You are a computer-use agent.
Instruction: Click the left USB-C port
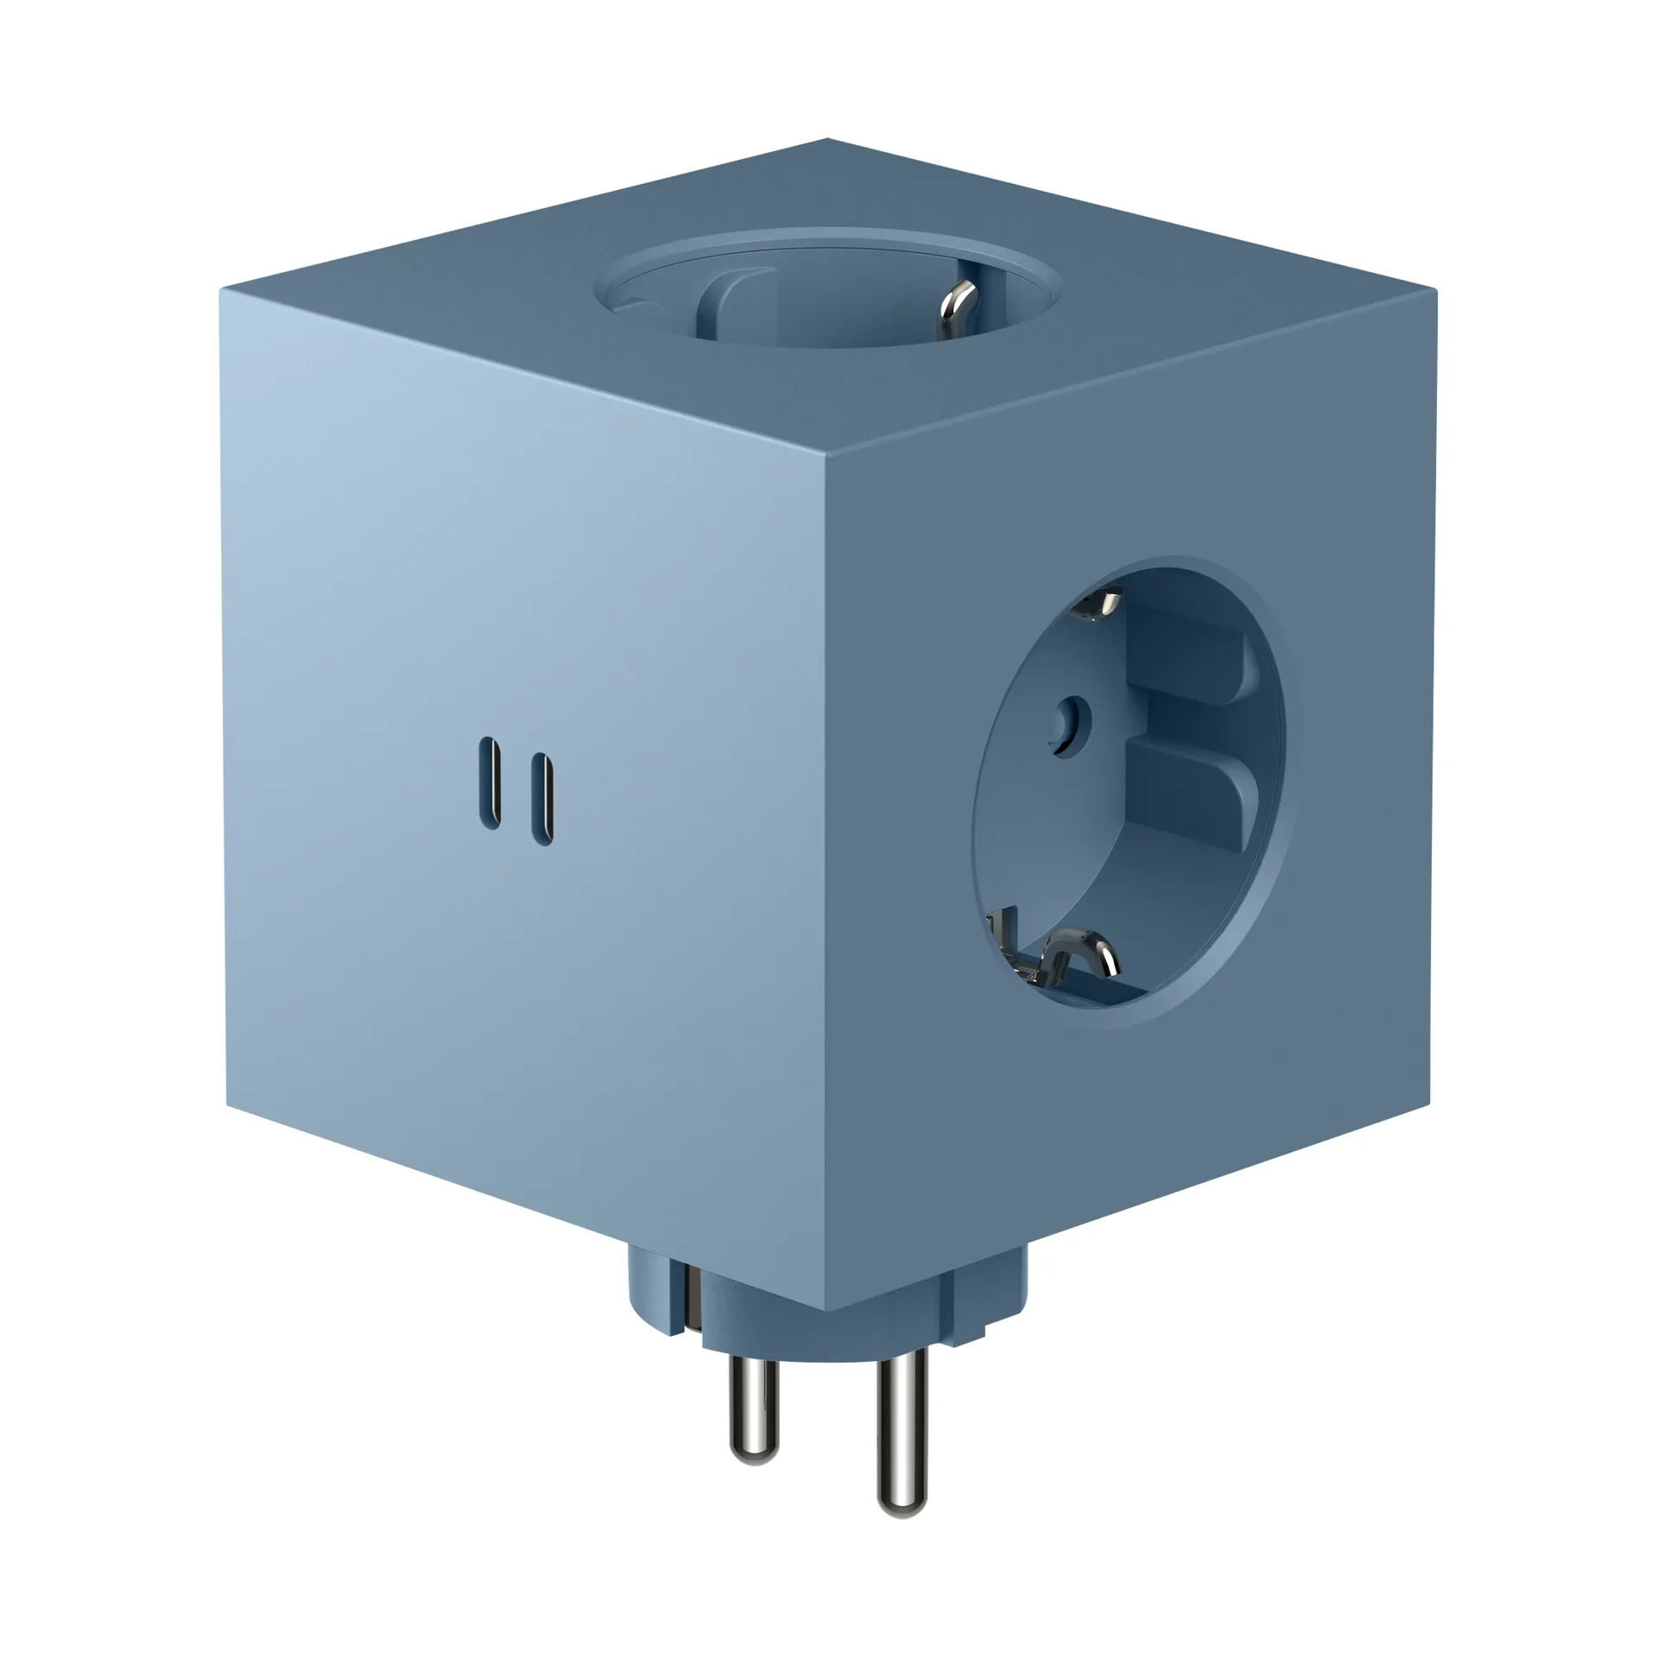490,783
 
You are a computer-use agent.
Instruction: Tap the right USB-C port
541,799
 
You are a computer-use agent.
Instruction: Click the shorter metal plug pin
753,1414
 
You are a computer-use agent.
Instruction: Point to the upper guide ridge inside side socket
1187,665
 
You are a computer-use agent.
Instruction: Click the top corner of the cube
826,139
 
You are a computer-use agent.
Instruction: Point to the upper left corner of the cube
221,290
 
